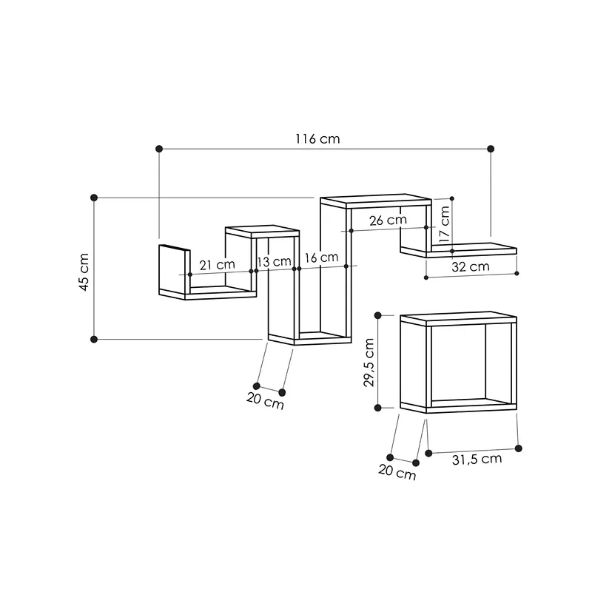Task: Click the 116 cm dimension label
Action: (x=317, y=139)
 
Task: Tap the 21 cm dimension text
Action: (x=217, y=264)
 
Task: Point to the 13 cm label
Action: (x=274, y=261)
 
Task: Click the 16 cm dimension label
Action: (x=320, y=258)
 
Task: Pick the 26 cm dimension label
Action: (x=387, y=220)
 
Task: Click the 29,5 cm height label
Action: (x=369, y=362)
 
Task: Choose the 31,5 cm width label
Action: (x=477, y=459)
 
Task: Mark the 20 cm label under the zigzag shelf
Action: (x=265, y=404)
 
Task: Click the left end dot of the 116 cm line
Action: (x=159, y=149)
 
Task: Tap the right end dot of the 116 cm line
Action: (x=491, y=149)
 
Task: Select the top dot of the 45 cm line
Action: (x=94, y=198)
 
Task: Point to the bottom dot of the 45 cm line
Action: (x=94, y=339)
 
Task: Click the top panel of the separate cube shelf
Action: (x=457, y=318)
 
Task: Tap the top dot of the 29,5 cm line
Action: (x=379, y=315)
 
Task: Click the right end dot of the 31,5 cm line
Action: (x=518, y=448)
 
